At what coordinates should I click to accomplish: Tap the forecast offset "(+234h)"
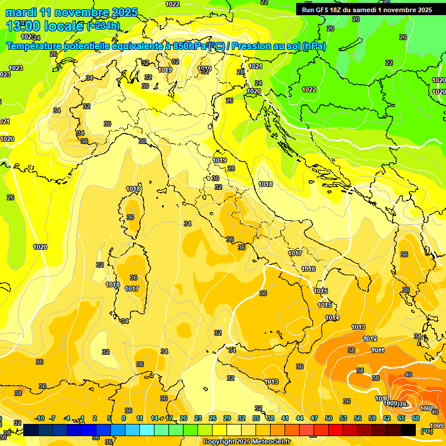click(103, 26)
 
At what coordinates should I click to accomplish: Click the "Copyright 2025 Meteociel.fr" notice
click(247, 442)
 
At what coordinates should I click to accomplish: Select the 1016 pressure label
click(308, 269)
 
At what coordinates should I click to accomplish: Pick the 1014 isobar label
click(332, 318)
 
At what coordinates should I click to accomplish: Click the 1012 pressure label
click(370, 339)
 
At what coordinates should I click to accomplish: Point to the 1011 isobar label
click(378, 350)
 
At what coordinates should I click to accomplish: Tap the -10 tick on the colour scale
click(40, 418)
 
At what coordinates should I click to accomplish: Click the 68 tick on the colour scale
click(416, 418)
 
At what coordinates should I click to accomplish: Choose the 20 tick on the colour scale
click(183, 418)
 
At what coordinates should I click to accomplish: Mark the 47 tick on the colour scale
click(314, 418)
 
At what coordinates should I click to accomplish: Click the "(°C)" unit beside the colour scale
click(426, 430)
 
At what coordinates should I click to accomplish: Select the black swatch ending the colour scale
click(408, 430)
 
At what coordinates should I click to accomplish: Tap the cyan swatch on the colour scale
click(147, 430)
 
